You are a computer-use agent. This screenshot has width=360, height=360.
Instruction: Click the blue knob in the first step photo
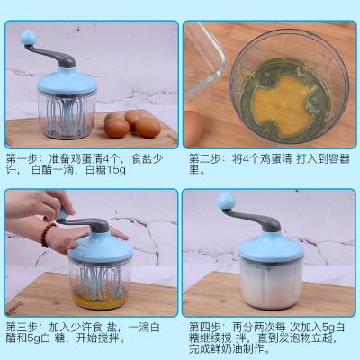[29, 38]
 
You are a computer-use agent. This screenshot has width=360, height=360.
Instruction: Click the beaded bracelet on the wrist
[48, 234]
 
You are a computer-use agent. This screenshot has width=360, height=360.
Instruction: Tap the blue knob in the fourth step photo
[226, 201]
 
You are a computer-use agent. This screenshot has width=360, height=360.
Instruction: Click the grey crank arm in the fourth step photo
[254, 219]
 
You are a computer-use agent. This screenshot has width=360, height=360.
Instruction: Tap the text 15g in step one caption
[116, 170]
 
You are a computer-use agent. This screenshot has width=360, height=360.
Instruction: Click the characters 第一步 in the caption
[22, 158]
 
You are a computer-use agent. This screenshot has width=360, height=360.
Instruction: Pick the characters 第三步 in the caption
[22, 327]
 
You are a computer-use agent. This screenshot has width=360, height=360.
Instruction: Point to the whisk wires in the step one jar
[67, 114]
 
